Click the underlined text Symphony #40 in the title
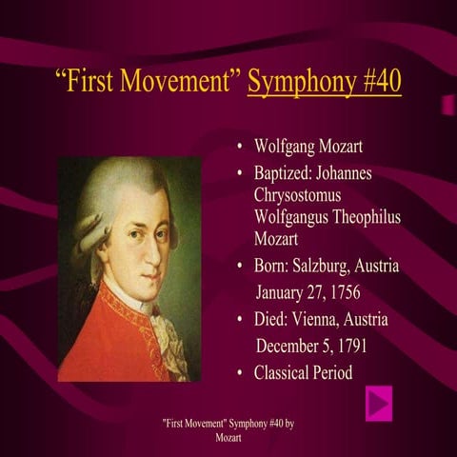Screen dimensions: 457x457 (x=324, y=81)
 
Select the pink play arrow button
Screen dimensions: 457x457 (x=379, y=403)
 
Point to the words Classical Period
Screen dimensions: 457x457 (x=303, y=372)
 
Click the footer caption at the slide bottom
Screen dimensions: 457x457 (x=228, y=429)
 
